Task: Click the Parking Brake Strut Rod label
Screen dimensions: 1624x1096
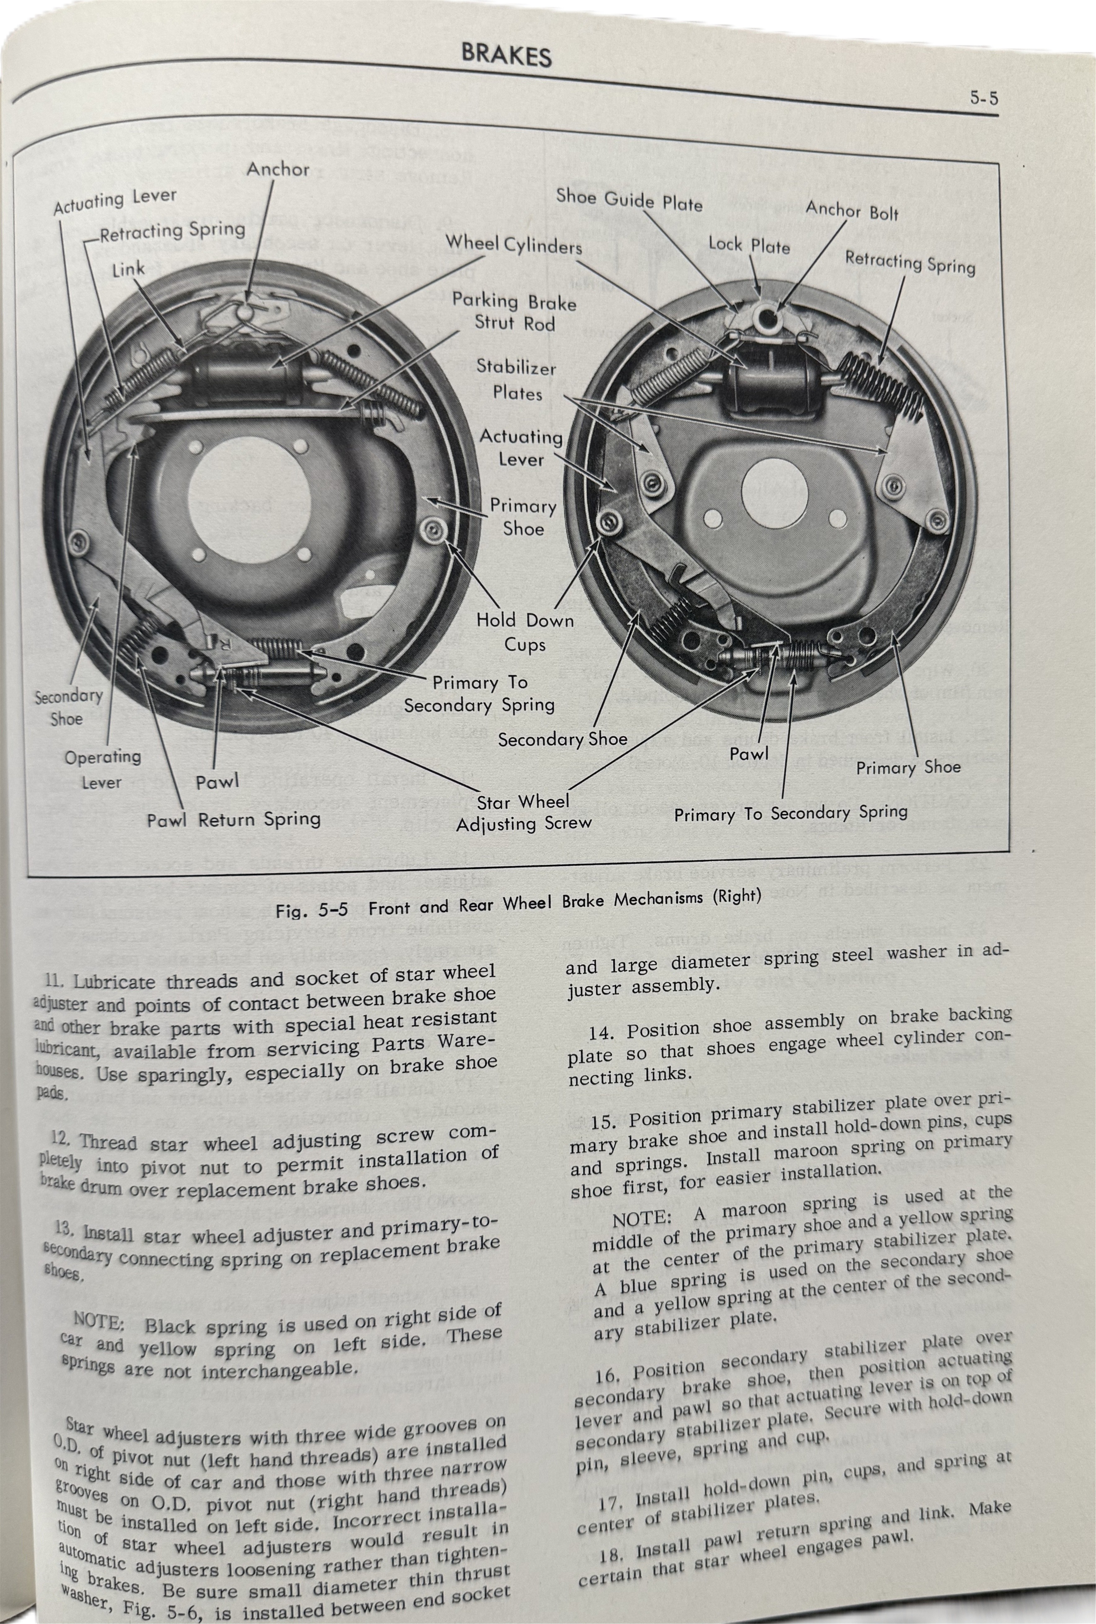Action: point(514,312)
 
